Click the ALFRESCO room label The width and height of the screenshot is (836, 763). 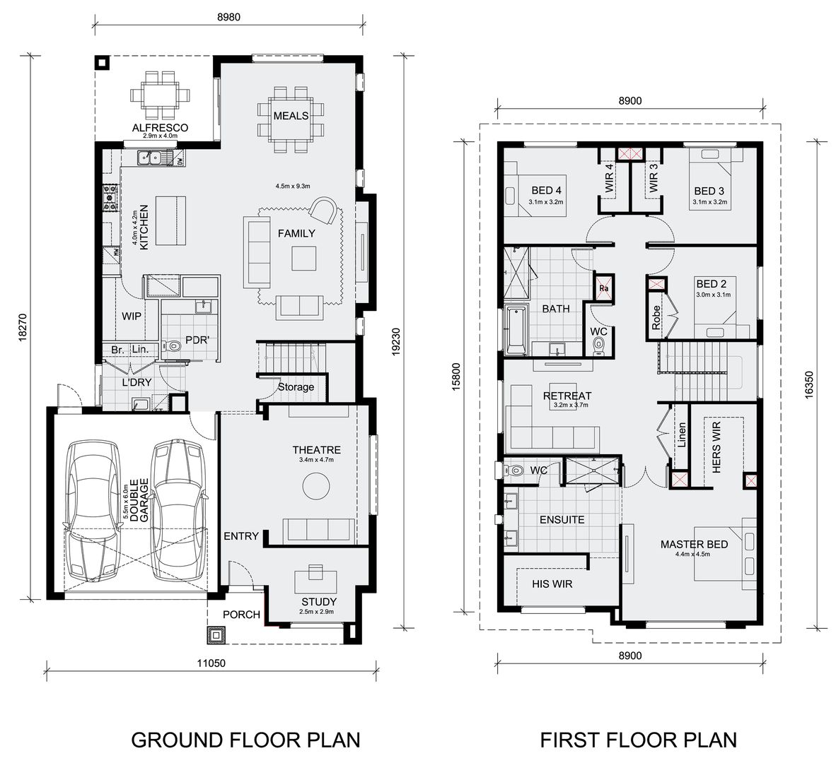point(160,128)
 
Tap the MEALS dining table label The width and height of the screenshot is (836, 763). point(291,115)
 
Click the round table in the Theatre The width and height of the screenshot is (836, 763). point(315,486)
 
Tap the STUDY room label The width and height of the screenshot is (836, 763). point(315,602)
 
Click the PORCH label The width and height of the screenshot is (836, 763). point(241,615)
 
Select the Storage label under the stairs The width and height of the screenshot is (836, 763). point(296,387)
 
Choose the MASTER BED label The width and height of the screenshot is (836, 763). point(694,544)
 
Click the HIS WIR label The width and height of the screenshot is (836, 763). point(552,584)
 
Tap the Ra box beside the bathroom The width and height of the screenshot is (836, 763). point(604,288)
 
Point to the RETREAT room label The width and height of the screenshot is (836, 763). point(567,396)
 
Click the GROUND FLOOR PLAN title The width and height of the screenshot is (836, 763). point(246,740)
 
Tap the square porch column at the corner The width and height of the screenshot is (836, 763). point(214,636)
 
